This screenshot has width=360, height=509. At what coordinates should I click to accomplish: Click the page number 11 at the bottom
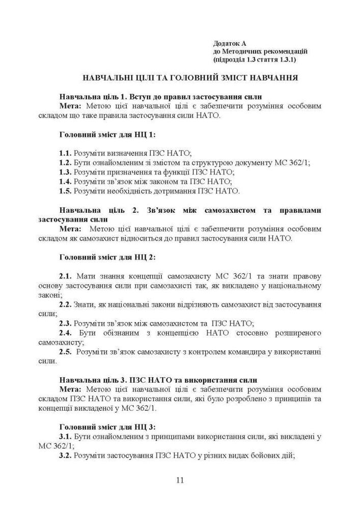(180, 480)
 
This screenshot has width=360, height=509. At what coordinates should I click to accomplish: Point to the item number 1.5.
(65, 191)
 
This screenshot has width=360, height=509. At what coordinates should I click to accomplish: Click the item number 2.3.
(65, 323)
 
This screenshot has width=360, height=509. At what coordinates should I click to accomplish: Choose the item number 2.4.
(65, 333)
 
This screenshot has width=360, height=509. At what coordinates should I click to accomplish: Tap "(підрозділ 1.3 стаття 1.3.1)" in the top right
(255, 60)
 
